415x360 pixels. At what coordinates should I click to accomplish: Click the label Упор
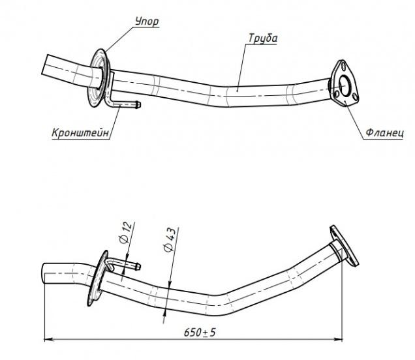pos(147,22)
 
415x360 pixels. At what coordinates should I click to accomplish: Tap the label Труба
pos(263,38)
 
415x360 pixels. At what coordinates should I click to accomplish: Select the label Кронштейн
pos(80,132)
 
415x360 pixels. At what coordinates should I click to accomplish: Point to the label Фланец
pos(385,132)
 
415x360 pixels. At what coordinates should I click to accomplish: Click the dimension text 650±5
pos(200,332)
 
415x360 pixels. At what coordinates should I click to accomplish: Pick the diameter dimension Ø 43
pos(170,239)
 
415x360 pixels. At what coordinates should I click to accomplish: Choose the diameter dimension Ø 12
pos(125,233)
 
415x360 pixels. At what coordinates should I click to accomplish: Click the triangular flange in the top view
pos(344,83)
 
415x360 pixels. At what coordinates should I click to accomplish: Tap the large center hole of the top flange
pos(345,85)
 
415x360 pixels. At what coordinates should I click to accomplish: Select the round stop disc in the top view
pos(99,78)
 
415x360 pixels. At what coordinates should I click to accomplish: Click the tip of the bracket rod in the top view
pos(139,105)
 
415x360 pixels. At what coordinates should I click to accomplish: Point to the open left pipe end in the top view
pos(45,65)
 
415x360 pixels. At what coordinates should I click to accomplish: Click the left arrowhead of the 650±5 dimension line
pos(48,339)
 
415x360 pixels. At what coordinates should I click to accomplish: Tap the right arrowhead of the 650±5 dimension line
pos(339,339)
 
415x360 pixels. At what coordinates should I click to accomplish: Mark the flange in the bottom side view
pos(344,245)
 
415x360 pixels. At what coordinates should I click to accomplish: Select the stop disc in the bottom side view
pos(97,278)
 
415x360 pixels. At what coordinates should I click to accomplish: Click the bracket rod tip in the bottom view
pos(138,267)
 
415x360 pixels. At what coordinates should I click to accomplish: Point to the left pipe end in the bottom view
pos(44,274)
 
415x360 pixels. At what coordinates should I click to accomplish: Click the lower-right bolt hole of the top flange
pos(355,97)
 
